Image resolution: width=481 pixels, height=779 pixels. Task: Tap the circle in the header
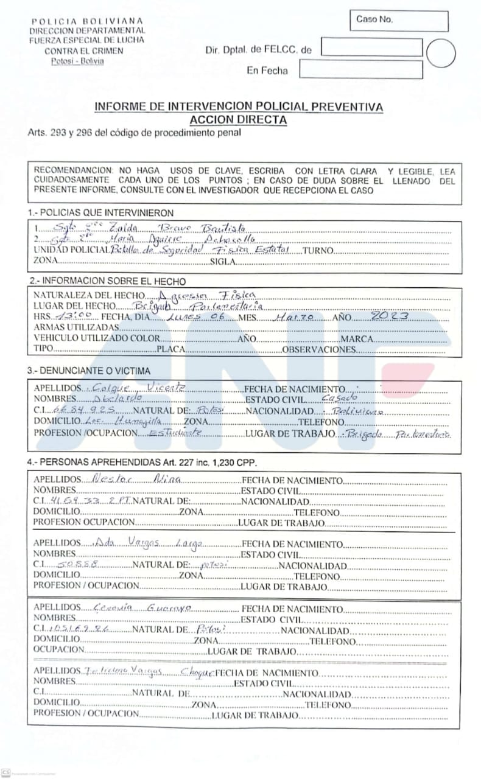point(441,53)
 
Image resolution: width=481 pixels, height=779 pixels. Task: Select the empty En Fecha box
point(360,69)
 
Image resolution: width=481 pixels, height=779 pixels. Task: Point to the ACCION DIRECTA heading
point(238,120)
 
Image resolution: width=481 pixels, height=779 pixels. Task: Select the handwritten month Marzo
point(295,317)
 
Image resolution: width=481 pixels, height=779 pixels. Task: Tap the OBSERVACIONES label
point(318,350)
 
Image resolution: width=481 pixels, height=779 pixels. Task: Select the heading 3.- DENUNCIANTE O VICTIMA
point(89,371)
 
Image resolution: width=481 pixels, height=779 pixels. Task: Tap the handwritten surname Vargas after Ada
point(142,543)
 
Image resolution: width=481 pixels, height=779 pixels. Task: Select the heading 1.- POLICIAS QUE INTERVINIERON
point(100,213)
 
